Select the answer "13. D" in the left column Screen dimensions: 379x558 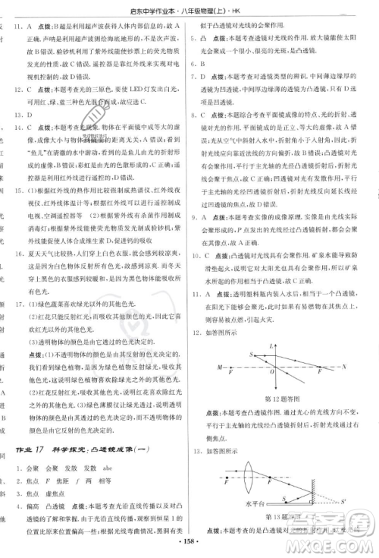(25, 116)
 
